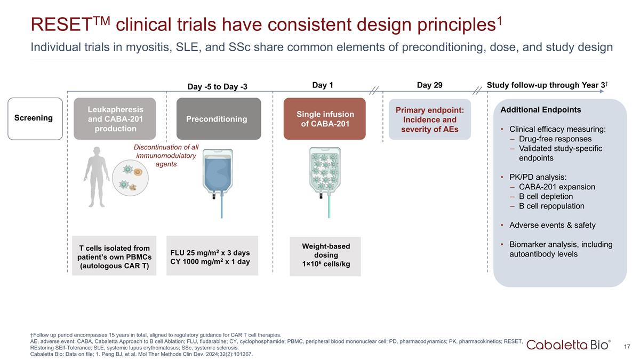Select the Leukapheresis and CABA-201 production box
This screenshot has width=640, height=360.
click(115, 118)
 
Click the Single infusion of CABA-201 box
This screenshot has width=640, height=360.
click(324, 118)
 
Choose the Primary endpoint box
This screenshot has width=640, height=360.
click(429, 119)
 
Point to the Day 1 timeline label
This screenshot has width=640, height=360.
click(322, 85)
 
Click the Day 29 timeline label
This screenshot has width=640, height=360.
click(429, 85)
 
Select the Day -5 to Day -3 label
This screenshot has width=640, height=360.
click(217, 86)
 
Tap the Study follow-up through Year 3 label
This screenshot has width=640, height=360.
click(548, 85)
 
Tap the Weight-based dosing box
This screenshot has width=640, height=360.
click(325, 255)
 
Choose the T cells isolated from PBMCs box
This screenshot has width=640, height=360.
click(114, 257)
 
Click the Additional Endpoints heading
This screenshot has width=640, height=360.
click(540, 110)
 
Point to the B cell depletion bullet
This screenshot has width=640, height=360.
click(546, 196)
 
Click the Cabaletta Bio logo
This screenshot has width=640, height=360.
click(569, 345)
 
